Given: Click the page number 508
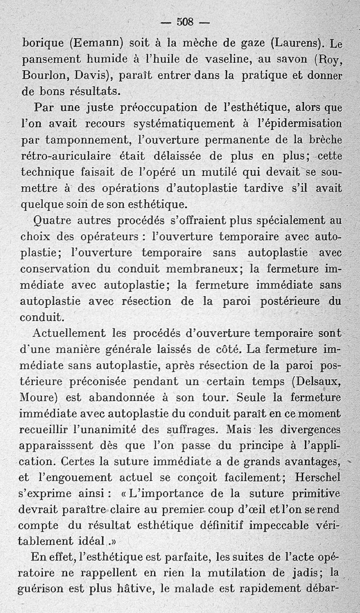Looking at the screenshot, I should [184, 21].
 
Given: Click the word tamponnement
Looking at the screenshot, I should [87, 140].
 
